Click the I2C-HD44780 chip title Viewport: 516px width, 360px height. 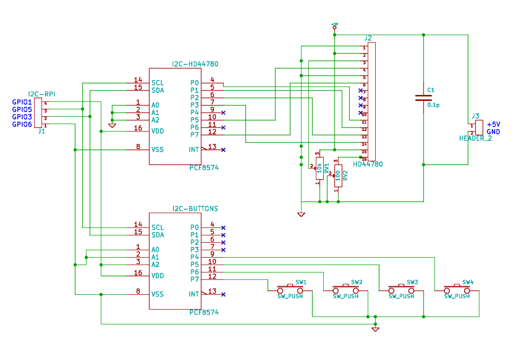coord(195,64)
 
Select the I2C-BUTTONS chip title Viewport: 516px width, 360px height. coord(195,209)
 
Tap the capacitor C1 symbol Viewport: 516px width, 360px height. coord(423,97)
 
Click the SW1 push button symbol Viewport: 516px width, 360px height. coord(290,288)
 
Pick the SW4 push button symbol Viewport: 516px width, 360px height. coord(457,288)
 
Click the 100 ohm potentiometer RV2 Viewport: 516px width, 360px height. coord(338,176)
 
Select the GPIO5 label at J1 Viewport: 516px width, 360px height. coord(22,109)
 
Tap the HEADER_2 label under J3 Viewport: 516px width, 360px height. coord(475,138)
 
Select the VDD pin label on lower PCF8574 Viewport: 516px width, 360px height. coord(158,275)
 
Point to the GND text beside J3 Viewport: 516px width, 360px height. coord(493,132)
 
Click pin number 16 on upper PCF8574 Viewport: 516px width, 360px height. coord(138,128)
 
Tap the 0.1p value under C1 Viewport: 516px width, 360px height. coord(433,105)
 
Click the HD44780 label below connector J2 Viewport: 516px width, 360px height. coord(368,164)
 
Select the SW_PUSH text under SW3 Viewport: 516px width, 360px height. coord(401,296)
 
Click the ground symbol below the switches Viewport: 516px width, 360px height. coord(375,329)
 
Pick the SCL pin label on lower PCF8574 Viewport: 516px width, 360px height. coord(158,227)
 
